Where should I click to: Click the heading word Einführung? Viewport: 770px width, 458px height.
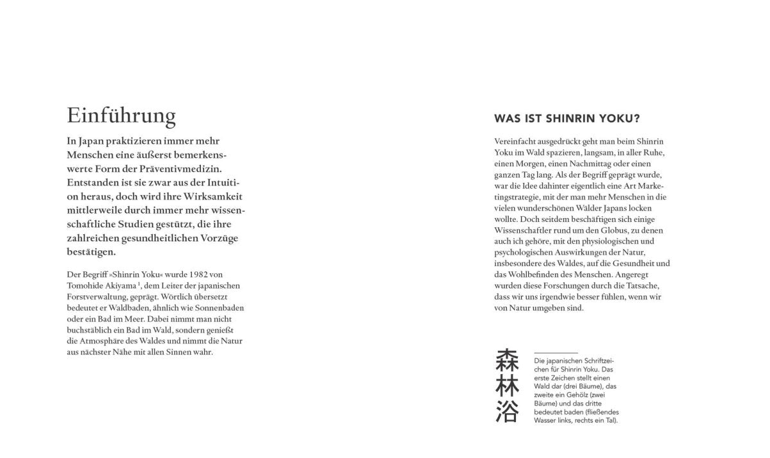[x=121, y=115]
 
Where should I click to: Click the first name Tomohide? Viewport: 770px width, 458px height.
[x=87, y=285]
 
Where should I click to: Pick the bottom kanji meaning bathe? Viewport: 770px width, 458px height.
[x=507, y=412]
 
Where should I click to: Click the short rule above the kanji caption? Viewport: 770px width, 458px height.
[x=556, y=353]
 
